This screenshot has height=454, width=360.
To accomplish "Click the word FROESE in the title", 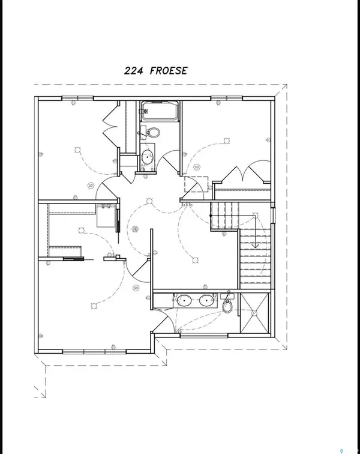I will point(170,71).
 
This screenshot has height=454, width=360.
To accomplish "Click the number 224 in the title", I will point(135,71).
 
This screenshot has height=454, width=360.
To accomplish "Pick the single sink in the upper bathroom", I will point(147,158).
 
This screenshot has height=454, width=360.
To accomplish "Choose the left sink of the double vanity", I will point(182,300).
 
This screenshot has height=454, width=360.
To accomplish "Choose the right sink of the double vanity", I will point(207,300).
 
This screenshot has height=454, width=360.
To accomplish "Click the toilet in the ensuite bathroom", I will point(227,305).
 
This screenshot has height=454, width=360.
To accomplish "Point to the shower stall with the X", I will point(254,313).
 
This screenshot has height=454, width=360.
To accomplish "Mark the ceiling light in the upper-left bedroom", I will point(77,148).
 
